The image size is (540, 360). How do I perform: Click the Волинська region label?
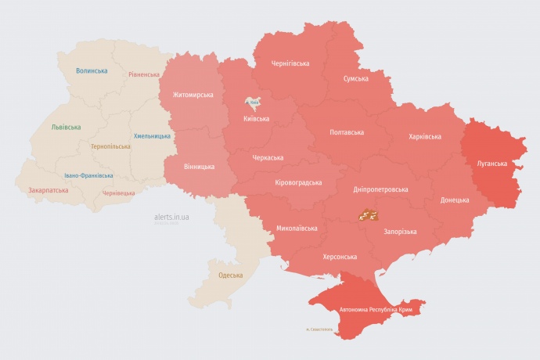coord(92,70)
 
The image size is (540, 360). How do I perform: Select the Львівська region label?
coord(65,126)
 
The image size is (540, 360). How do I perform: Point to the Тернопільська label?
coord(112,146)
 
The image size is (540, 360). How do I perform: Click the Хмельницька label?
coord(152,135)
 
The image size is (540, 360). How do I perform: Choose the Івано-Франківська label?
coord(88,175)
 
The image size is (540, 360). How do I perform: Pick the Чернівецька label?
coord(119,193)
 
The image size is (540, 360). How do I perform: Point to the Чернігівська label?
coord(290,63)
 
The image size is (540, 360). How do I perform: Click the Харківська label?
coord(425,136)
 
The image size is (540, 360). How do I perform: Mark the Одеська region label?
coord(230,275)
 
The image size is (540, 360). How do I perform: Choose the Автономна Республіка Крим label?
coord(376,310)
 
